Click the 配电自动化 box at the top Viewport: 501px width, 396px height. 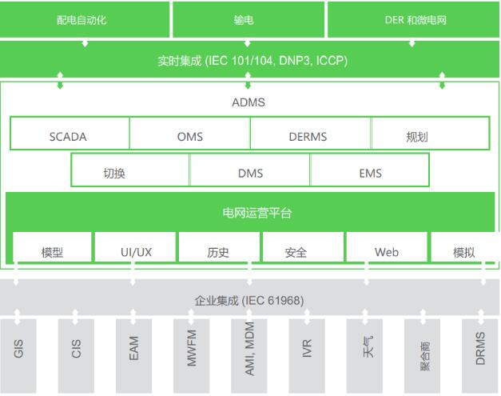pos(85,20)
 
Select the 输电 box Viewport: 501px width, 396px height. pos(249,20)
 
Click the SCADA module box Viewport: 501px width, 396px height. pos(69,135)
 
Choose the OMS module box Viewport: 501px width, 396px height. pos(189,135)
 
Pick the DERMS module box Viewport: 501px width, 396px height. pos(309,135)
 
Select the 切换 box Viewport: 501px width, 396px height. pos(130,172)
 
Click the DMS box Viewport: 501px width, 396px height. pos(249,172)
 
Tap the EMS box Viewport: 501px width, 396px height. pos(369,172)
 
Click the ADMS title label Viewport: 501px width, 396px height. pos(248,103)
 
